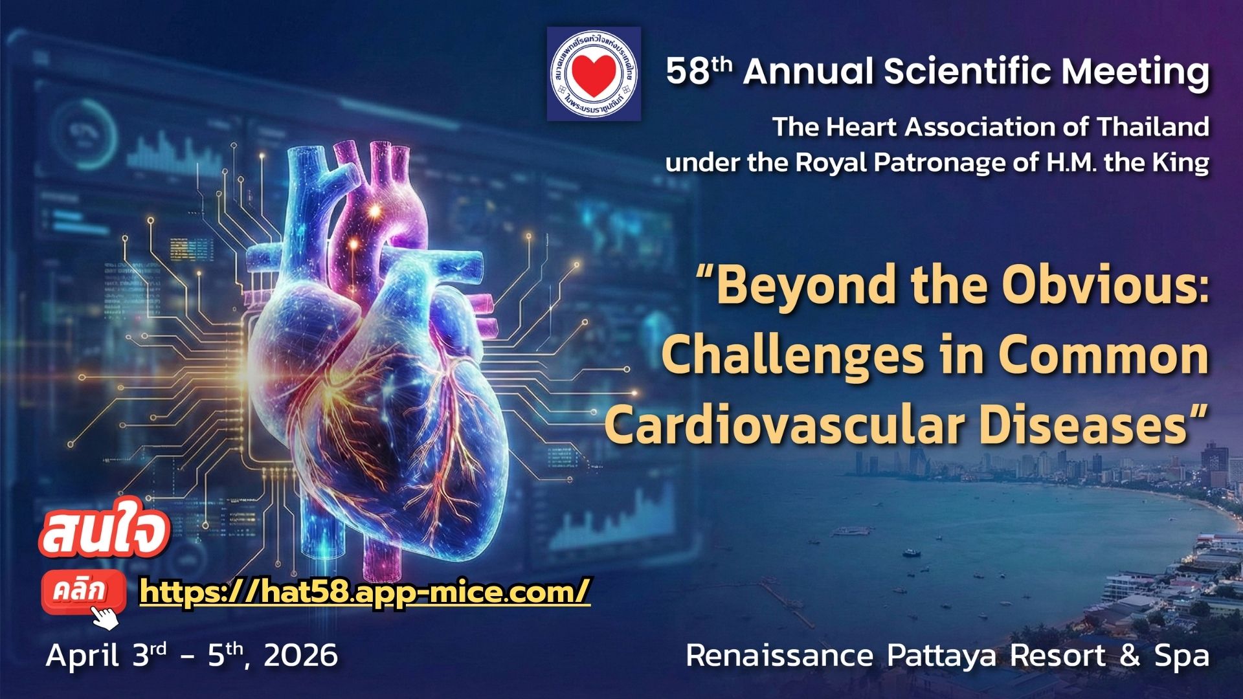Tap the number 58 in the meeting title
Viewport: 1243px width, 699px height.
(x=688, y=72)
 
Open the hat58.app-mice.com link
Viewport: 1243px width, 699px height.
(x=365, y=590)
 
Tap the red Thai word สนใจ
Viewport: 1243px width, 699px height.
(x=105, y=535)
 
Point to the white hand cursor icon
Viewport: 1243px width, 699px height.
(x=106, y=617)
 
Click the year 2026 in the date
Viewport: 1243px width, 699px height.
(x=300, y=656)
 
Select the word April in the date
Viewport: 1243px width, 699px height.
(x=82, y=656)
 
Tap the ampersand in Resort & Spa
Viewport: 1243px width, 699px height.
(x=1129, y=656)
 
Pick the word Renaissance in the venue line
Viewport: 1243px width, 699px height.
(x=779, y=656)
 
